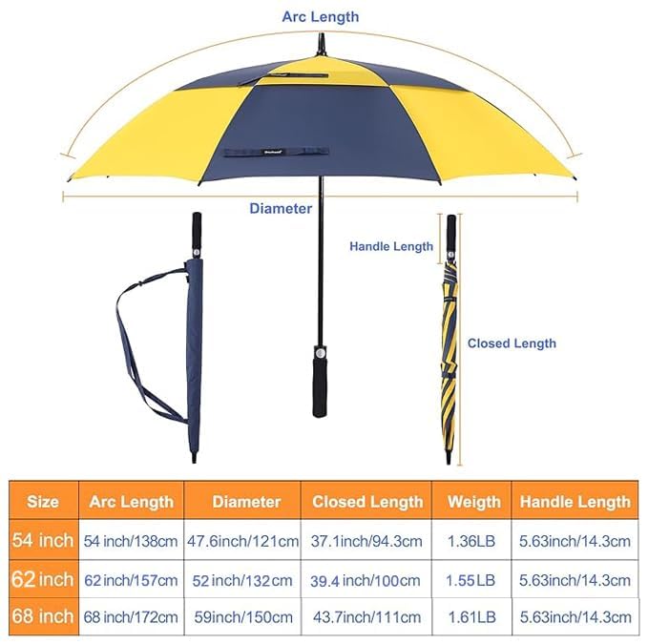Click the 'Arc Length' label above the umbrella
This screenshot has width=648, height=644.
321,17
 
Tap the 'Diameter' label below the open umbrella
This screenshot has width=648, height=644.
281,208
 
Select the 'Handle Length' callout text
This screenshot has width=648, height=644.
391,246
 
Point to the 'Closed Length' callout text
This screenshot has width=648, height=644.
512,343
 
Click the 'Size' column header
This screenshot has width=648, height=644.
43,502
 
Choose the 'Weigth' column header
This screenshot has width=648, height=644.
474,502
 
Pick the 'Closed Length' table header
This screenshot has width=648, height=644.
367,502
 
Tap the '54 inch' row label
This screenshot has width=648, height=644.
43,540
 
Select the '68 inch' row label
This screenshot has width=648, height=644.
43,616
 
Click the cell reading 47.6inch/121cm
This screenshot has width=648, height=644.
242,541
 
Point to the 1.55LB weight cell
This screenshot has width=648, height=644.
470,580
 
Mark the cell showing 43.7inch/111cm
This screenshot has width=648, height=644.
367,617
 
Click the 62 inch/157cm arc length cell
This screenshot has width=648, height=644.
131,580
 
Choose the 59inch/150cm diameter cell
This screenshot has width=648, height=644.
243,617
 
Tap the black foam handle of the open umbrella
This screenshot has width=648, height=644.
320,386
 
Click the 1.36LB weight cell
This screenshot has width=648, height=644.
471,541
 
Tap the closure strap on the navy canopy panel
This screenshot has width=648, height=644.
276,152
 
